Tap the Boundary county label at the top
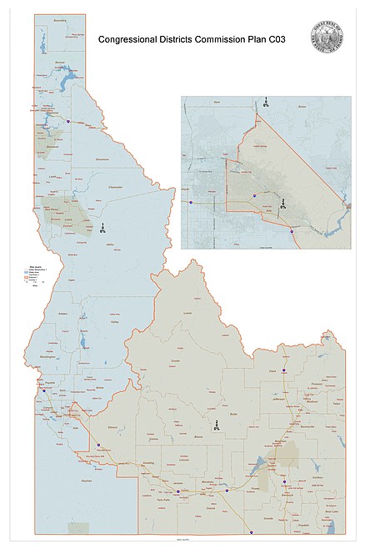[x=57, y=18]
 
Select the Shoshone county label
[x=102, y=158]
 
